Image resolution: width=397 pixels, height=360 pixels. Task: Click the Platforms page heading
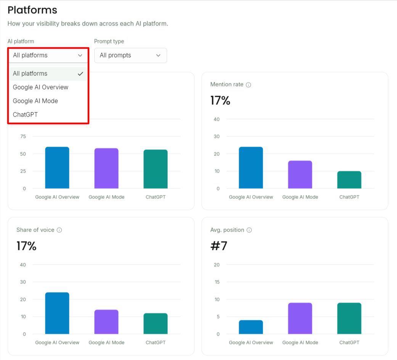point(32,10)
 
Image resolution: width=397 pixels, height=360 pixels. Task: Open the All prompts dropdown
point(130,55)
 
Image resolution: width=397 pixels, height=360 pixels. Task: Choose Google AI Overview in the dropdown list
point(40,87)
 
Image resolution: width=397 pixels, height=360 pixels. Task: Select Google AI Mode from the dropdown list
point(35,101)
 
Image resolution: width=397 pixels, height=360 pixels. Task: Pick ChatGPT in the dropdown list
point(25,115)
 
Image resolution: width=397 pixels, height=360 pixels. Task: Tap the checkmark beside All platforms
point(80,74)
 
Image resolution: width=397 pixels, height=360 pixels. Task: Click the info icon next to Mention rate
point(248,85)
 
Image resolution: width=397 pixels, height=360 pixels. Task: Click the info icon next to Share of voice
point(59,230)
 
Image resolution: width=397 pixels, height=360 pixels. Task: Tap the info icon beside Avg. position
point(249,230)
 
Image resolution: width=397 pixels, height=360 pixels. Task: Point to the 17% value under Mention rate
point(220,101)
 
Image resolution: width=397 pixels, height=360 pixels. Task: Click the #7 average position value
point(219,246)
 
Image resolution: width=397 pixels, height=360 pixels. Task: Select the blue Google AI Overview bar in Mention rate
point(251,168)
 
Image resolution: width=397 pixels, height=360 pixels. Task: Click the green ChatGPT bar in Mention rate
point(349,180)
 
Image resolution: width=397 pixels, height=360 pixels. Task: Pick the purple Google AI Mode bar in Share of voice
point(106,322)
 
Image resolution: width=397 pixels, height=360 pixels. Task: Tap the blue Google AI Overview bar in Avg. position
point(251,327)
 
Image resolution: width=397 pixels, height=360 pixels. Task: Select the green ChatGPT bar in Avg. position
point(349,318)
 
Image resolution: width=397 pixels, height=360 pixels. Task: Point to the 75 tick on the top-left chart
point(23,137)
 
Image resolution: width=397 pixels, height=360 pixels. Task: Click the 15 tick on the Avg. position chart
point(217,282)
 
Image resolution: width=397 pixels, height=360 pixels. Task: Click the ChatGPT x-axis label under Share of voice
point(156,342)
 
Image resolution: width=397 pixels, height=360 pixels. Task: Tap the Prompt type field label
point(109,41)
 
